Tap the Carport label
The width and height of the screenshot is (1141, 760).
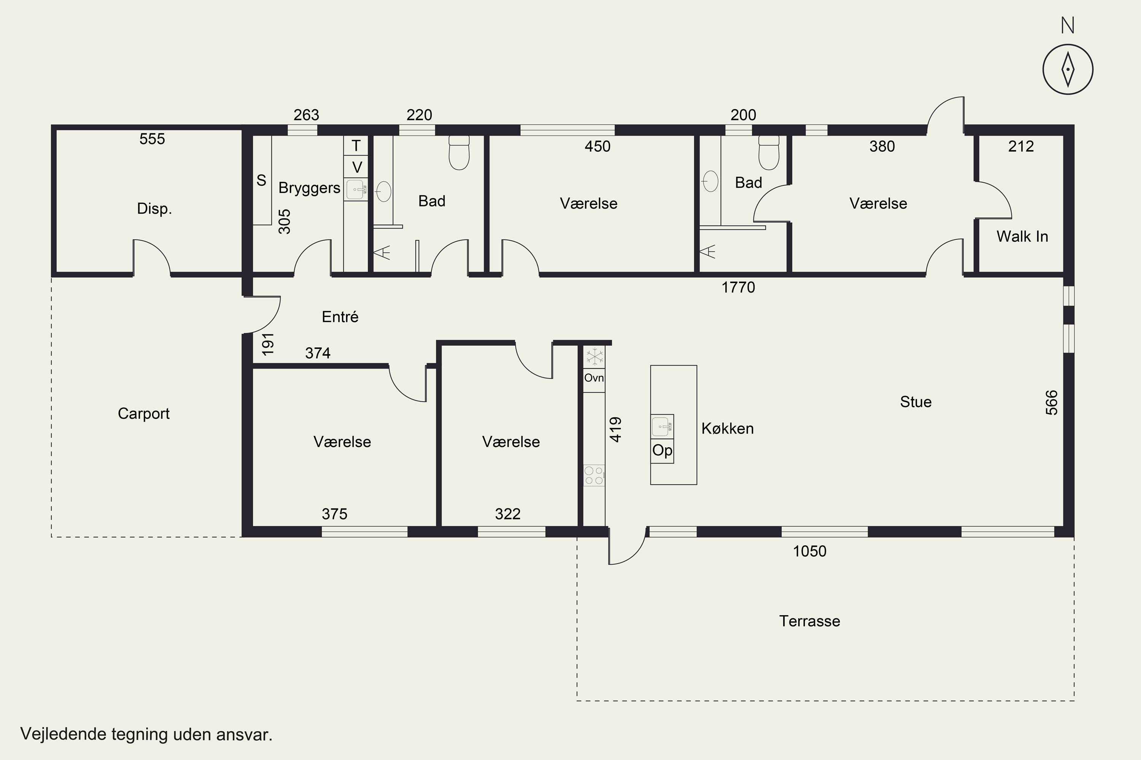pos(144,413)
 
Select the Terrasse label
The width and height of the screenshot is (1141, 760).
pos(810,621)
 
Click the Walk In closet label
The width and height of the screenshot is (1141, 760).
pos(1022,236)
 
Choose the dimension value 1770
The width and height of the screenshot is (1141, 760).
pos(738,287)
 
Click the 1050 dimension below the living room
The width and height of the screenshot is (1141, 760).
pos(810,551)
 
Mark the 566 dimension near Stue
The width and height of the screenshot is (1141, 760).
pos(1051,403)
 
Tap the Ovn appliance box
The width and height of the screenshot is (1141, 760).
pos(594,378)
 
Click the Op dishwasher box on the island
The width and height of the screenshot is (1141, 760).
pos(662,451)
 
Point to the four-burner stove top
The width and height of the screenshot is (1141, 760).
pos(594,475)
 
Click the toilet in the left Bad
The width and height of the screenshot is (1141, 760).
pos(459,153)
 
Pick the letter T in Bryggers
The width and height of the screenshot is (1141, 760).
pos(356,146)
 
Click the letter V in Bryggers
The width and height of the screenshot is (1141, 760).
pos(357,167)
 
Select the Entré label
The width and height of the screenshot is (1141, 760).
pos(340,317)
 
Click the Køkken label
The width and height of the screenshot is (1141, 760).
pos(728,429)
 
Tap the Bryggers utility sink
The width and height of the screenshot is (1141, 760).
pos(356,190)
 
